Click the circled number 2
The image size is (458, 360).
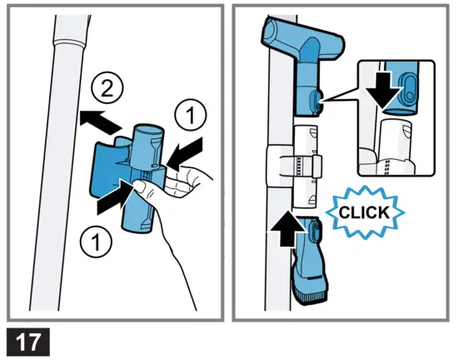(107, 87)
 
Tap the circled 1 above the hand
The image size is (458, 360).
(191, 116)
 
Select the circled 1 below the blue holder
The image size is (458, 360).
(96, 241)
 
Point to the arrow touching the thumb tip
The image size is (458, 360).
(116, 197)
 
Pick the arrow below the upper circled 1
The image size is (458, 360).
(186, 153)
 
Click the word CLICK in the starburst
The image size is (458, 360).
(364, 212)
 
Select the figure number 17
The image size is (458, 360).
(28, 342)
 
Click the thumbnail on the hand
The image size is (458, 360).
(142, 187)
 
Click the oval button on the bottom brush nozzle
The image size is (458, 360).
(314, 231)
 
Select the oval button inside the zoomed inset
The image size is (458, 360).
(408, 87)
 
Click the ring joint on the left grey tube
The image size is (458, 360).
(69, 43)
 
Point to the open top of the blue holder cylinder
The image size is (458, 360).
(149, 130)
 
